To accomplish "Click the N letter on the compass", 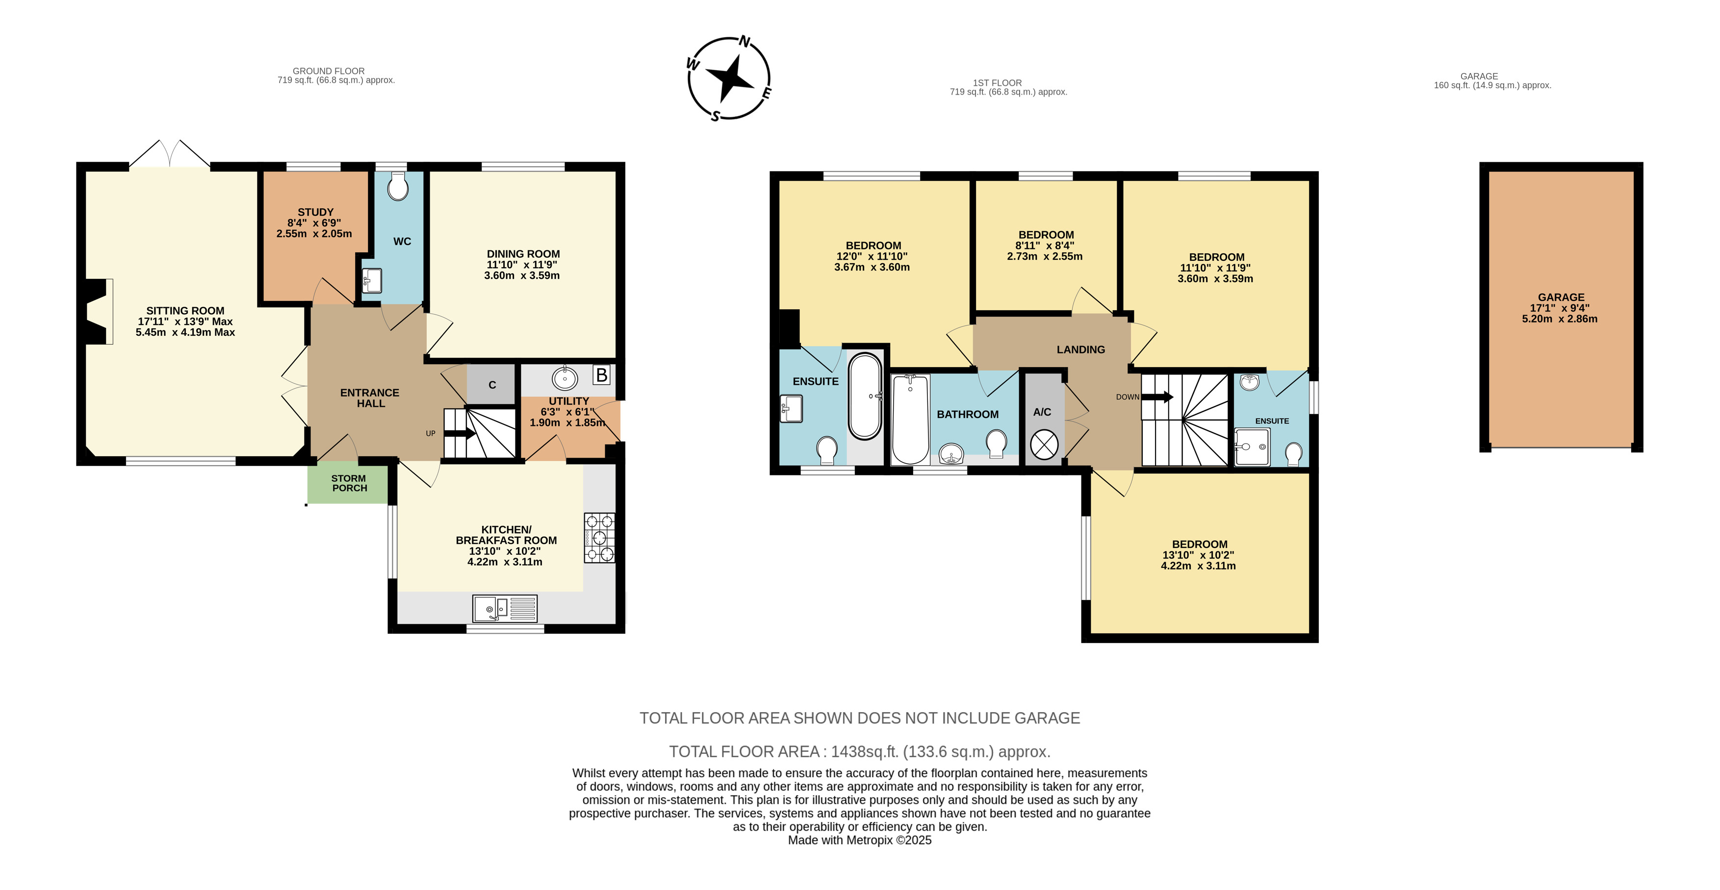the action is coord(744,42).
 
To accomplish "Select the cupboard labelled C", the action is coord(491,384).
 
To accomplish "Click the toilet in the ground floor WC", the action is coord(398,187).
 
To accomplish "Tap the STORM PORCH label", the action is coord(349,483).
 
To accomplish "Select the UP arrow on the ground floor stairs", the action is coord(460,434).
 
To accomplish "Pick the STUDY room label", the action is coord(315,212).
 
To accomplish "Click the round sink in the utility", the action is coord(565,379).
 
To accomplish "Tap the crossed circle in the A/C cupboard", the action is coord(1044,445).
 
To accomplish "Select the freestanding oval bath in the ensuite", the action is coord(865,396).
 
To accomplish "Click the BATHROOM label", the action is coord(968,414).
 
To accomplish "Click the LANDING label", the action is coord(1080,349).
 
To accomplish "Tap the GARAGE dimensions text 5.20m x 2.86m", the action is coord(1560,319).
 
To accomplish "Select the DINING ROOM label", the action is coord(523,254).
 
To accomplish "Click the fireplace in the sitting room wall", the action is coord(97,312).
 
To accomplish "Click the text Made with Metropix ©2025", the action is coord(859,841).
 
